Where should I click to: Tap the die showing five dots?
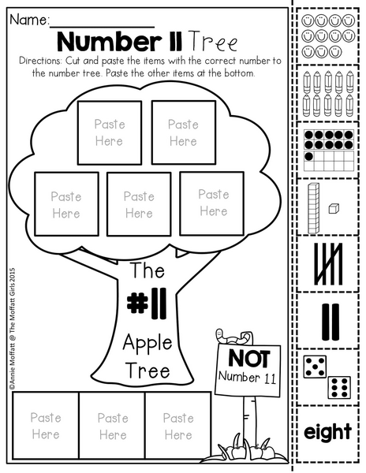(x=315, y=367)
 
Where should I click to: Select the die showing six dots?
(x=339, y=387)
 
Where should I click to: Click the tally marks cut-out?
(x=328, y=264)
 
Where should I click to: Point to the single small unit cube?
(x=334, y=208)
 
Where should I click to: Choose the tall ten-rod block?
(x=313, y=208)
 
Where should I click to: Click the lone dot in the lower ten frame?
(x=308, y=156)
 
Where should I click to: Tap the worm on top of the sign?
(x=233, y=337)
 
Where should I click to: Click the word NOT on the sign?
(x=249, y=359)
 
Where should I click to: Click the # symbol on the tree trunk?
(x=137, y=304)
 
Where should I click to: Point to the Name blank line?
(x=102, y=27)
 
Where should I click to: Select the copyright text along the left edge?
(x=12, y=328)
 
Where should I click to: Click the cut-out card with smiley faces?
(x=328, y=36)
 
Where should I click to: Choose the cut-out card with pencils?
(x=328, y=94)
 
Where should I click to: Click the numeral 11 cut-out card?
(x=328, y=322)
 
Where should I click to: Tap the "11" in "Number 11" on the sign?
(x=269, y=378)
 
